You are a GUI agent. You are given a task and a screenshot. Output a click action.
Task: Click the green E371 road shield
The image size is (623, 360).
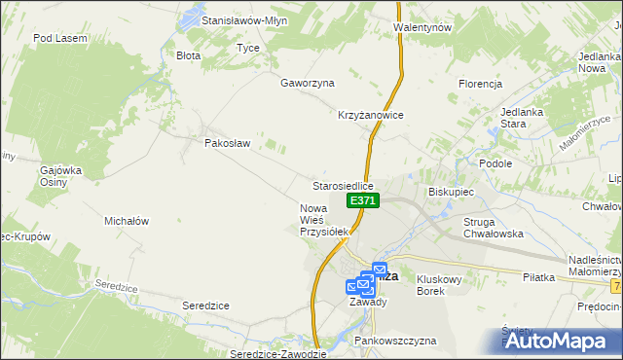point(362,200)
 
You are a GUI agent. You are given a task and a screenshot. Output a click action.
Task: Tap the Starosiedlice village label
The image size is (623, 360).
point(343,185)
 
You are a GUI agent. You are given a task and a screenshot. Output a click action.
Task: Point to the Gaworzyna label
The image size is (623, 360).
point(308,83)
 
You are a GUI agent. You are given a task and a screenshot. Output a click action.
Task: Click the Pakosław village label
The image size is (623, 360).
point(228,143)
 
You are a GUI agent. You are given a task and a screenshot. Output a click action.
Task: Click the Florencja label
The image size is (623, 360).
point(480,84)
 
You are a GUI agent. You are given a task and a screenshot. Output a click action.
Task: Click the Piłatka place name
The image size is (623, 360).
point(537,277)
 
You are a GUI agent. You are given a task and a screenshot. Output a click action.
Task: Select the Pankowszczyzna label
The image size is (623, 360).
point(395,342)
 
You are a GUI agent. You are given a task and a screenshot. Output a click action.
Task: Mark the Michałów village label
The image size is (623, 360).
point(127,221)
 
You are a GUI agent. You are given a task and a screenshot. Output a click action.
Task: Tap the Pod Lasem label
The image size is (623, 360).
point(60,38)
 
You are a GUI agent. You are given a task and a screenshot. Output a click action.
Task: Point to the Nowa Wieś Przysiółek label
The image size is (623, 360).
point(323,220)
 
